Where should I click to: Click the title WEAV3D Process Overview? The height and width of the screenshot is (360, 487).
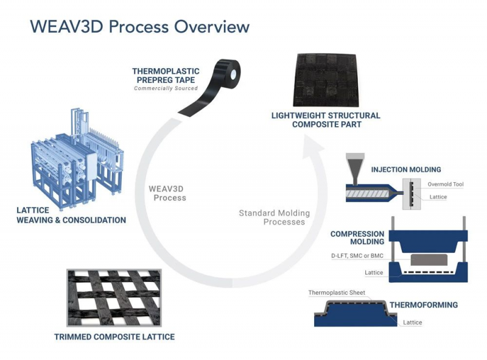pos(139,27)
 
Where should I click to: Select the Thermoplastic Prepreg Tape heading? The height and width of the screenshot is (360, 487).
pos(165,75)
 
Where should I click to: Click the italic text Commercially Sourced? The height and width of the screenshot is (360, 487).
pos(166,88)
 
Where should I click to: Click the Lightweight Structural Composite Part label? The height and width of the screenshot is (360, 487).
pos(327,119)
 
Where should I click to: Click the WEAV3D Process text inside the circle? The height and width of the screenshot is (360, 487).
pos(167,192)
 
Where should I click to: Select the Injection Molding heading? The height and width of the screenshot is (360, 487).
pos(406,169)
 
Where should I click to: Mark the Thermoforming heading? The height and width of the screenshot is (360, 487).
pos(424,305)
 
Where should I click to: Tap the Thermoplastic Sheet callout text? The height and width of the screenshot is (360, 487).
pos(337,292)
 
